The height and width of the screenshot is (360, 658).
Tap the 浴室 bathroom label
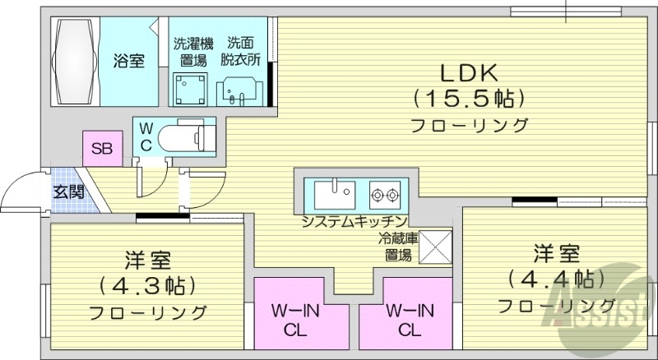[x=128, y=60]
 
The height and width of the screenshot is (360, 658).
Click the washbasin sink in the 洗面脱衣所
[x=236, y=90]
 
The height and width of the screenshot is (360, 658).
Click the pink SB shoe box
[x=102, y=149]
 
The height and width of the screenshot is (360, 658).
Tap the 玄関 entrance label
[x=67, y=193]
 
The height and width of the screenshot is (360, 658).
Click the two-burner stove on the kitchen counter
[x=384, y=196]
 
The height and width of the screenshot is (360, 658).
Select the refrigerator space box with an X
[x=435, y=247]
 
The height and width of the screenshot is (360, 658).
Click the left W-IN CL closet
[x=296, y=319]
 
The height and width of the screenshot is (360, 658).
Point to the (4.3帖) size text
[x=147, y=285]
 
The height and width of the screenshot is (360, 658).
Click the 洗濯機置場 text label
[x=192, y=52]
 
